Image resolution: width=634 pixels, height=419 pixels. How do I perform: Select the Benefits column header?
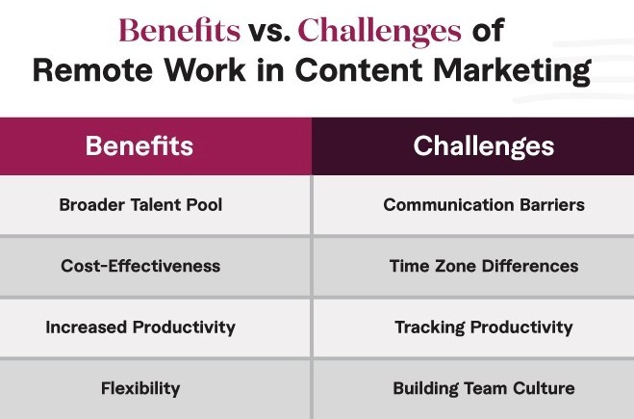click(x=139, y=146)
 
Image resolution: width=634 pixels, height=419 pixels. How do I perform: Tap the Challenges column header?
click(x=483, y=146)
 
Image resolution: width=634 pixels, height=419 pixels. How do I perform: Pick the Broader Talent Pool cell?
click(x=139, y=205)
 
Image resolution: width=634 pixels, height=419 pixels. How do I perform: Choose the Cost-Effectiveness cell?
click(x=139, y=266)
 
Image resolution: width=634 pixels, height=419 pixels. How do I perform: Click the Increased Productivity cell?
click(x=139, y=327)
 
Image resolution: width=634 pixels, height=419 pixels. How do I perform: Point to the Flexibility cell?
click(x=139, y=389)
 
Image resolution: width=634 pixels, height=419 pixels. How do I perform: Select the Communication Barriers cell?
click(x=483, y=205)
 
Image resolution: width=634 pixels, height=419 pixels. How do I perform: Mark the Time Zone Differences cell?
click(x=483, y=266)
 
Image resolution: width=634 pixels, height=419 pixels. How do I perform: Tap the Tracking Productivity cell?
click(x=483, y=327)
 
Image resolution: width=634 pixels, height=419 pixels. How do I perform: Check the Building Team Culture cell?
click(x=483, y=389)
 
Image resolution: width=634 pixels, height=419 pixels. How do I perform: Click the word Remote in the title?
click(x=107, y=72)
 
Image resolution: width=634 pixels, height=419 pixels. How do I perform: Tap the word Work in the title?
click(x=227, y=72)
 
